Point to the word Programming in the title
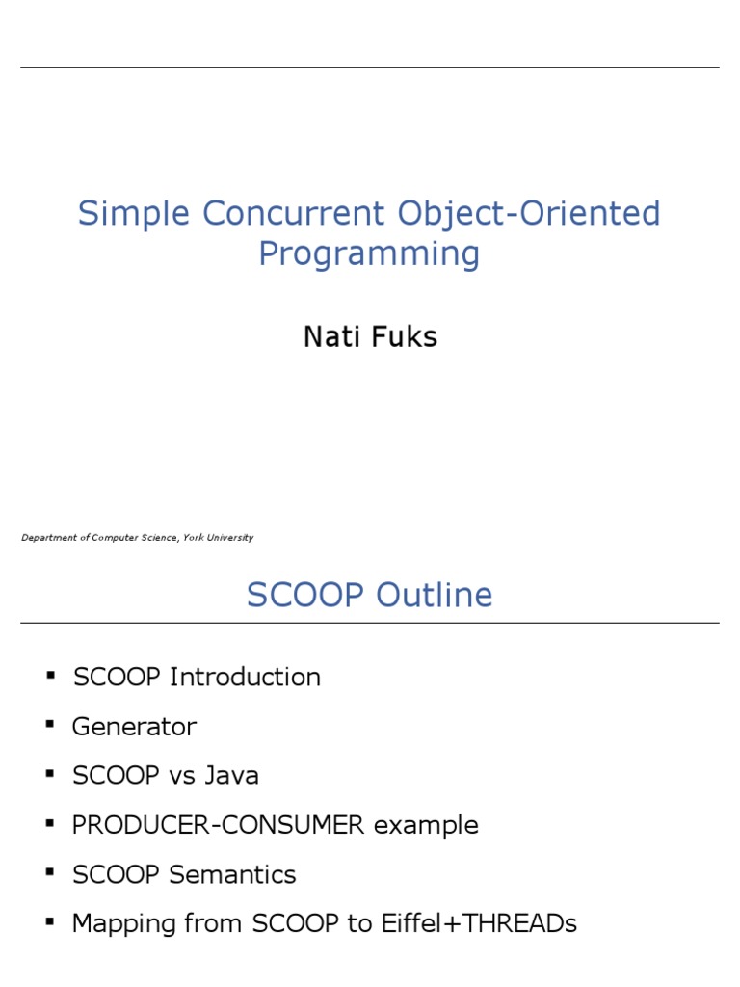coord(369,254)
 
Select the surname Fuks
coord(405,336)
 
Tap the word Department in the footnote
coord(49,538)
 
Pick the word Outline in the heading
coord(434,595)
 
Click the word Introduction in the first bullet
coord(245,677)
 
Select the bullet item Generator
coord(134,727)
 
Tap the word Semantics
coord(232,875)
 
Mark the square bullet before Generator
coord(50,725)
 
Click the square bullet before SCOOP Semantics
coord(50,873)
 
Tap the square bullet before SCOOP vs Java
coord(50,774)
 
